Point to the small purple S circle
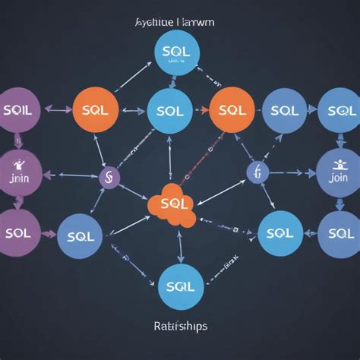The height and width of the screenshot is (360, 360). [x=109, y=178]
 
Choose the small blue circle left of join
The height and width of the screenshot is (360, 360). [x=257, y=172]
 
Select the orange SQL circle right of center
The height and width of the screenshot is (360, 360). [x=231, y=109]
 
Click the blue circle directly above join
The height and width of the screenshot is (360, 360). [x=338, y=110]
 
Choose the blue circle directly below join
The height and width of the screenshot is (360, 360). [x=338, y=232]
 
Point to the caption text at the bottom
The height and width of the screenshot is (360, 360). [x=180, y=327]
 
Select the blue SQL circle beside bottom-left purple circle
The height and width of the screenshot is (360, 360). [x=81, y=236]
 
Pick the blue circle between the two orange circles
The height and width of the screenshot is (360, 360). [x=169, y=111]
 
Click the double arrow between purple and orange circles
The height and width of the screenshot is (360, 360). [x=58, y=109]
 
